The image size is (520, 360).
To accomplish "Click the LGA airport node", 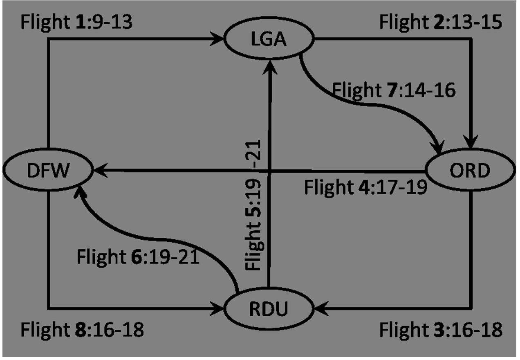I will coord(268,40).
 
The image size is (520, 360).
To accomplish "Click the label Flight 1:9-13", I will coord(76,23).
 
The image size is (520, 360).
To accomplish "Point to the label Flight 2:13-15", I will coord(441,23).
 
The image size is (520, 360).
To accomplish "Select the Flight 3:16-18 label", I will coord(441,330).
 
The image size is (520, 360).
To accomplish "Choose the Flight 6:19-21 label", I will coord(138,258).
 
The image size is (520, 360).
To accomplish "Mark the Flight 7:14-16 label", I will coord(394,90).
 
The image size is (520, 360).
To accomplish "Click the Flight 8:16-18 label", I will coord(82,330).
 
